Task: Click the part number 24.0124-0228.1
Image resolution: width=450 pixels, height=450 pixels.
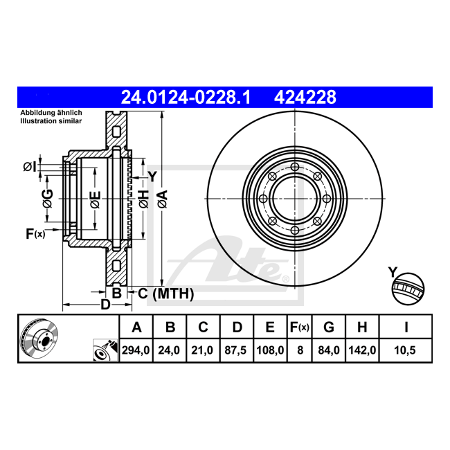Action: (x=186, y=98)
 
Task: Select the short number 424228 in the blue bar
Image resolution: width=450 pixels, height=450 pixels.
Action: (x=305, y=98)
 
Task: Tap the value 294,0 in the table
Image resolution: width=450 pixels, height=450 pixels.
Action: (x=136, y=350)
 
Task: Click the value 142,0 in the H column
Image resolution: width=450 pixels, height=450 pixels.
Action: (x=362, y=350)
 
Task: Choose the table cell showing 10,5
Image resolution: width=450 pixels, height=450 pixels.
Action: (x=405, y=350)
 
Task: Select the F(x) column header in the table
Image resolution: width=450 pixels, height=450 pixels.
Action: (x=300, y=327)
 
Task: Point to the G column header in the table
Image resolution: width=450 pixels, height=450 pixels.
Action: (x=329, y=327)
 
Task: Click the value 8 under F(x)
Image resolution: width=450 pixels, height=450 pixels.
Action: (x=300, y=350)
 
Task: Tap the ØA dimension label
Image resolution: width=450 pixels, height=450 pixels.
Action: (x=162, y=199)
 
